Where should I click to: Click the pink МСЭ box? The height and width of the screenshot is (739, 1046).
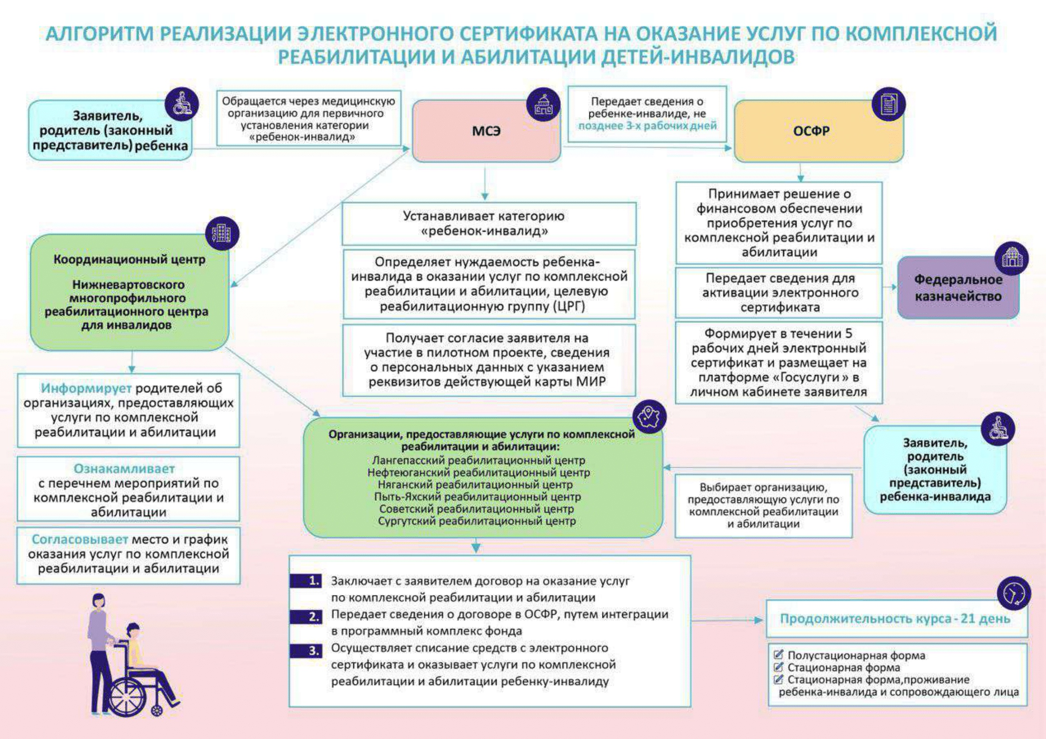pyautogui.click(x=486, y=131)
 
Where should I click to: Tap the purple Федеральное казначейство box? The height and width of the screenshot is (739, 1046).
pyautogui.click(x=958, y=288)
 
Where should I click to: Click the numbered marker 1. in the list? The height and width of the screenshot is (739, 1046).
pyautogui.click(x=306, y=581)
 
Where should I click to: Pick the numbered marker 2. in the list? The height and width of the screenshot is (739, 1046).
pyautogui.click(x=306, y=617)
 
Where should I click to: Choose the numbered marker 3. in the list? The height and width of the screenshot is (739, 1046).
pyautogui.click(x=306, y=650)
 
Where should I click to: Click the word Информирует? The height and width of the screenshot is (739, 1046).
pyautogui.click(x=86, y=389)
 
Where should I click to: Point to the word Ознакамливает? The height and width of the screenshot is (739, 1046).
pyautogui.click(x=124, y=469)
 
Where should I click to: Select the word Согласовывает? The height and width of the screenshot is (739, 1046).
pyautogui.click(x=80, y=540)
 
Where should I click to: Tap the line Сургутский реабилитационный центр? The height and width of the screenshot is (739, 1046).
pyautogui.click(x=477, y=521)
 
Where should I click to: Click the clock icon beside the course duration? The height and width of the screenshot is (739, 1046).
pyautogui.click(x=1013, y=593)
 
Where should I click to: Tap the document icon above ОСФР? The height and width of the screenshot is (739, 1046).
pyautogui.click(x=888, y=104)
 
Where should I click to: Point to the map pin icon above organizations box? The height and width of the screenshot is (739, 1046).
pyautogui.click(x=649, y=417)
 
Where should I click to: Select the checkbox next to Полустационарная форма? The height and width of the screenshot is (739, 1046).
pyautogui.click(x=779, y=655)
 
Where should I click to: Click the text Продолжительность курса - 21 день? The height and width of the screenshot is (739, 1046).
pyautogui.click(x=895, y=619)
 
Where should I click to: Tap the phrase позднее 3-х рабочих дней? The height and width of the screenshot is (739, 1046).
pyautogui.click(x=648, y=126)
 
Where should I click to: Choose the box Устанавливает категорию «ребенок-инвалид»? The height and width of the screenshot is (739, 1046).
pyautogui.click(x=488, y=224)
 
